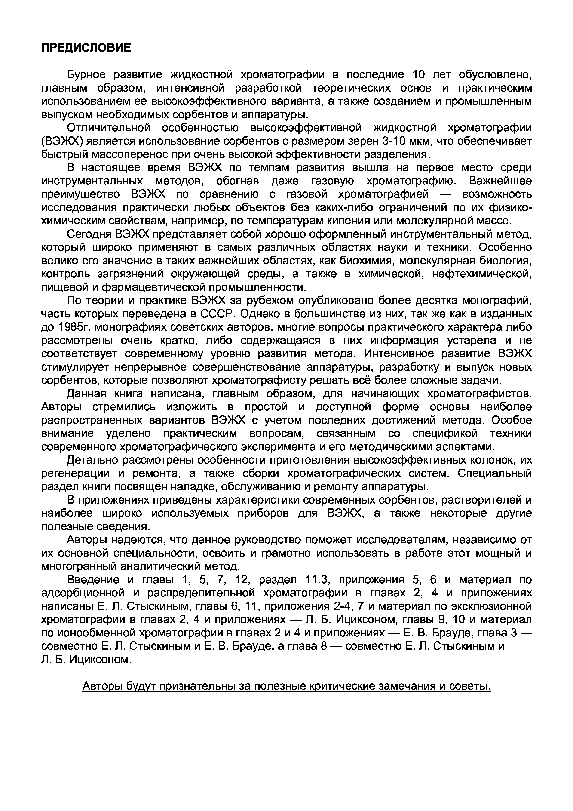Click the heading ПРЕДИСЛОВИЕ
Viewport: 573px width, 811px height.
[86, 48]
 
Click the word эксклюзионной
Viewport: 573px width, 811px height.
[492, 606]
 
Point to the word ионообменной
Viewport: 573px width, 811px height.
[99, 633]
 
